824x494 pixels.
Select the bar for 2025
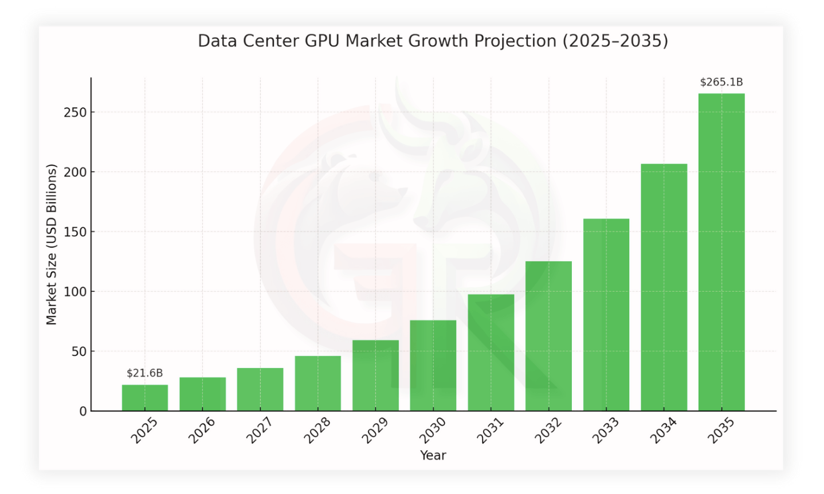(x=144, y=398)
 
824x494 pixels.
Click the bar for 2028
(x=317, y=383)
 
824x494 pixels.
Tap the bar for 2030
(x=433, y=366)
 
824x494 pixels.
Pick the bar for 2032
(x=548, y=336)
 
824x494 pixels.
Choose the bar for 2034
(x=664, y=287)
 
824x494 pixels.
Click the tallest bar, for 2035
(x=721, y=252)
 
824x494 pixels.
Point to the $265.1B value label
(x=721, y=82)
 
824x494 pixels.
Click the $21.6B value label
(x=144, y=373)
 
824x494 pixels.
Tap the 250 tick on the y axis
(x=75, y=112)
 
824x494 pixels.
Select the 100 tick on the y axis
(x=75, y=292)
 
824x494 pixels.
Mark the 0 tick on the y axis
(x=83, y=411)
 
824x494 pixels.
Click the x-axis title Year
(x=433, y=456)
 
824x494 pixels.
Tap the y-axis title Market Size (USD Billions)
(x=52, y=245)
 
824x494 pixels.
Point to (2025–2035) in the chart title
(x=615, y=41)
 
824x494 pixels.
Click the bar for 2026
(x=202, y=394)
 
